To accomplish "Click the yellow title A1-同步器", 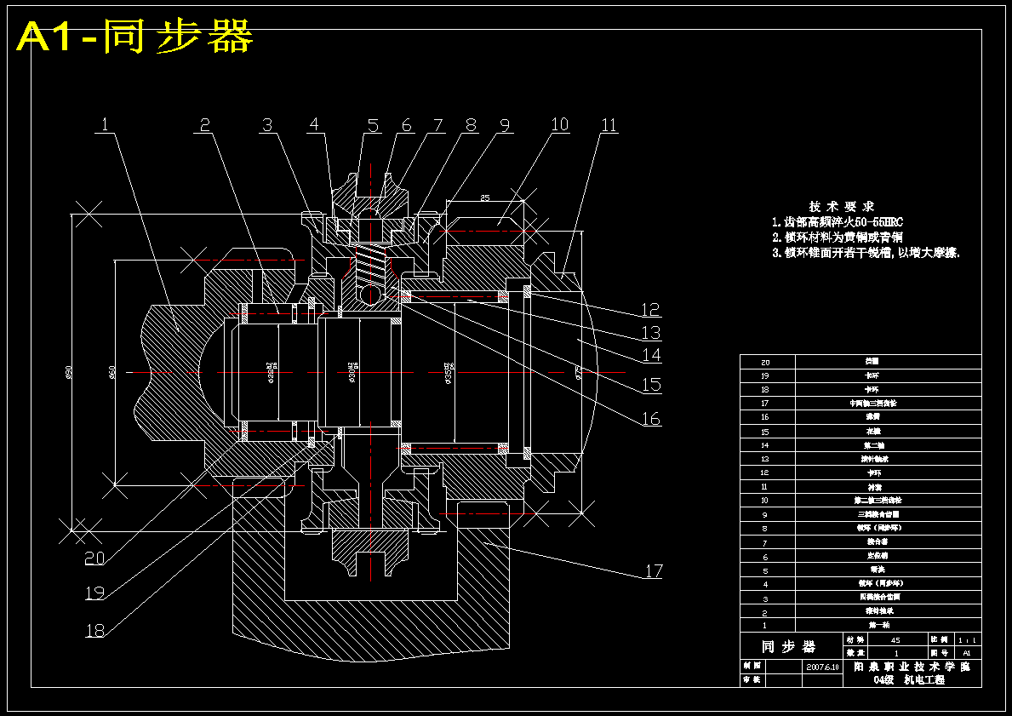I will coord(134,37).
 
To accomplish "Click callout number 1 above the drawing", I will coord(105,124).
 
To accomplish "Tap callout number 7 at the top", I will coord(437,125).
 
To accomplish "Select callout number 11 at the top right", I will coord(609,125).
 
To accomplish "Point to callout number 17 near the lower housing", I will coord(653,570).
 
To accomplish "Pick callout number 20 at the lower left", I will coord(94,558).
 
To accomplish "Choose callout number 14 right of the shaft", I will coord(651,355).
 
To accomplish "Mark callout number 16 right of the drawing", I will coord(651,418).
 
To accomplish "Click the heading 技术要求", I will coord(841,206).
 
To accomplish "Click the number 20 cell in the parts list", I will coord(767,362).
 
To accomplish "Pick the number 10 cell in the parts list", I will coord(767,501).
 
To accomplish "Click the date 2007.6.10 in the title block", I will coord(822,667).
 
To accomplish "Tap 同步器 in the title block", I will coord(787,646).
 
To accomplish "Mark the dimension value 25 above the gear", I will coord(485,198).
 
